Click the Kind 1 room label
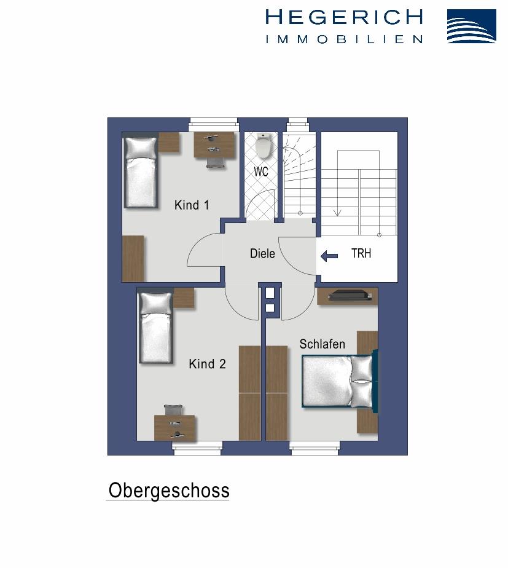tap(192, 205)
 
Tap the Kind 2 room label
tap(207, 365)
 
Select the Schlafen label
tap(322, 344)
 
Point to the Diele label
tap(262, 253)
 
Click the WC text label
tap(261, 172)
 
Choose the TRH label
tap(361, 253)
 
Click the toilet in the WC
tap(264, 146)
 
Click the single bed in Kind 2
tap(155, 328)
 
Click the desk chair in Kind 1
tap(216, 160)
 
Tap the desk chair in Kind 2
tap(173, 411)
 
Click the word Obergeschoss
tap(169, 491)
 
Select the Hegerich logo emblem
tap(471, 26)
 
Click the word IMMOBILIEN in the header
tap(344, 39)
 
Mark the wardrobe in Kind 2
tap(249, 393)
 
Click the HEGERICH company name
tap(344, 17)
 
